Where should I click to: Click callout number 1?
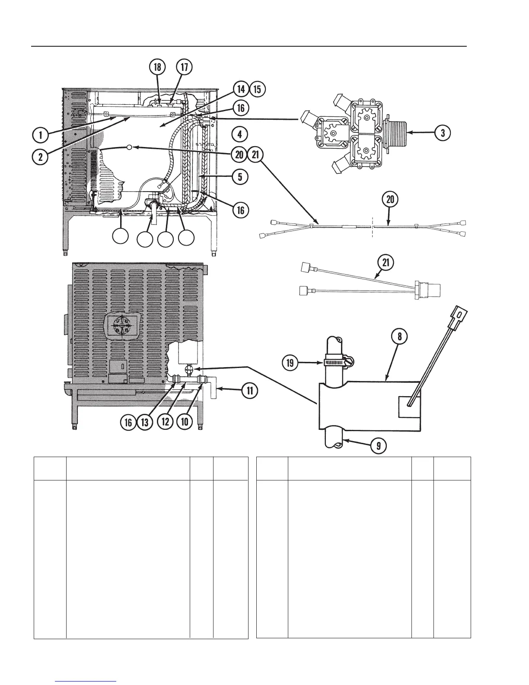(40, 135)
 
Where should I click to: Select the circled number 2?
(40, 156)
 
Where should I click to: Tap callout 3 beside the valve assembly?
(443, 133)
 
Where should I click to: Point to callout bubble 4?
(239, 134)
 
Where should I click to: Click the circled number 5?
(239, 176)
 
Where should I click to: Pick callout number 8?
(400, 336)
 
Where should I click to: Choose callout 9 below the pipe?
(379, 445)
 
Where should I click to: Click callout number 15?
(257, 89)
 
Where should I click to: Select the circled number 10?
(185, 422)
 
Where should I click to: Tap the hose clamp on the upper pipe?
(335, 362)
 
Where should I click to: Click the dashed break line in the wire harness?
(371, 226)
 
